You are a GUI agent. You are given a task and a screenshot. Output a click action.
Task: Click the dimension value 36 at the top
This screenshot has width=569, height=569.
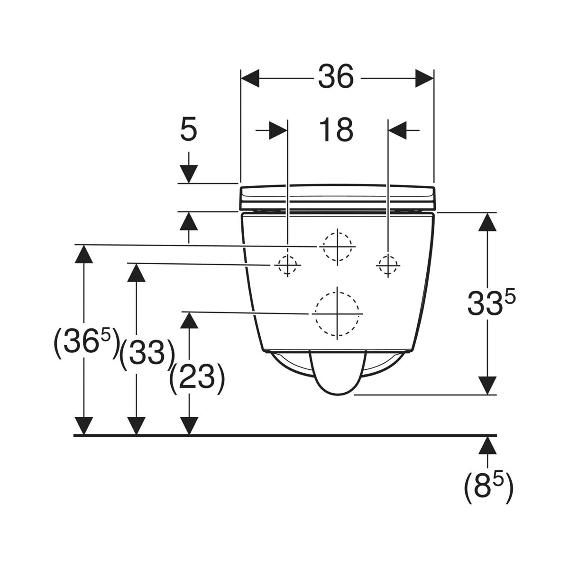[x=336, y=76]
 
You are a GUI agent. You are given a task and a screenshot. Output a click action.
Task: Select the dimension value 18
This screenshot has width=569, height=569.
[x=336, y=129]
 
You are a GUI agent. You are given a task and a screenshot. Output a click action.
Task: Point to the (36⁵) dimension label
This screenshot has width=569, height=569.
[x=86, y=343]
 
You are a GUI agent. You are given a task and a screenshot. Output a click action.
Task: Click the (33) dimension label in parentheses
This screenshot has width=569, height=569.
[x=147, y=354]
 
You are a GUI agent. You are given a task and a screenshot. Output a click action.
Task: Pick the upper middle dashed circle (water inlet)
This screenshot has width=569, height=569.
[x=337, y=247]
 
